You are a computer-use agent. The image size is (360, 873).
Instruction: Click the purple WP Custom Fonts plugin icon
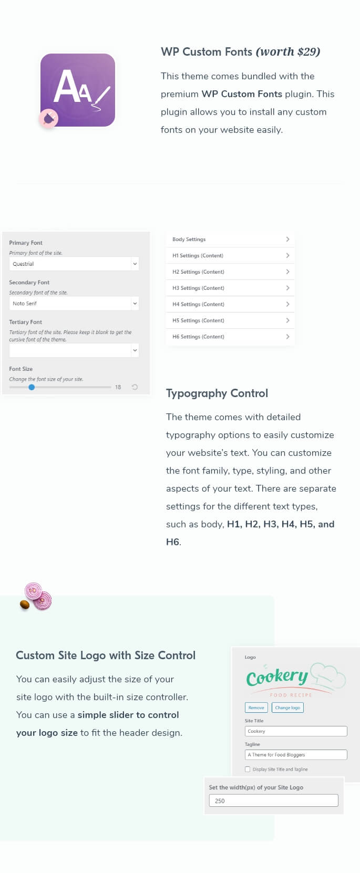click(78, 90)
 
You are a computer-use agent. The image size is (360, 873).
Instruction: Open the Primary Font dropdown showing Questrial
click(74, 264)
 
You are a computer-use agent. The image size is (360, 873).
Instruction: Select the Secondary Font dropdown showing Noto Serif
click(74, 304)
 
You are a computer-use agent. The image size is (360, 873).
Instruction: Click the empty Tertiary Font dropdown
click(74, 350)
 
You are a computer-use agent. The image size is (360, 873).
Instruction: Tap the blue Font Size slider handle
click(32, 387)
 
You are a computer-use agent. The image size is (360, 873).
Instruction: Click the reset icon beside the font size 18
click(135, 387)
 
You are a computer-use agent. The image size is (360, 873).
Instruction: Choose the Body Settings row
click(230, 240)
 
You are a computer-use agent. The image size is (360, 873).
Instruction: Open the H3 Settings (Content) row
click(230, 288)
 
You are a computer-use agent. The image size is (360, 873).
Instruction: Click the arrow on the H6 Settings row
click(287, 337)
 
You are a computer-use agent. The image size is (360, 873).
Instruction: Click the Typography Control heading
click(217, 393)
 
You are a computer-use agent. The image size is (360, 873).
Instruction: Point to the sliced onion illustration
click(38, 597)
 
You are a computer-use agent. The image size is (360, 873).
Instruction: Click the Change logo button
click(287, 708)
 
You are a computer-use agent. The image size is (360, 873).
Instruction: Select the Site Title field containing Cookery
click(296, 731)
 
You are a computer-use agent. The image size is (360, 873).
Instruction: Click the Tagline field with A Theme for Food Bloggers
click(296, 755)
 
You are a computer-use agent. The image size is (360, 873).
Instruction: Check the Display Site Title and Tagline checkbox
click(248, 770)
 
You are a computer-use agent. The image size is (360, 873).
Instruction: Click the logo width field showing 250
click(273, 801)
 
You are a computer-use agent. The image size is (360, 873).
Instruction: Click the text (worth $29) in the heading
click(288, 52)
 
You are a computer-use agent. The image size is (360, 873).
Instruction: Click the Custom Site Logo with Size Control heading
click(106, 656)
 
